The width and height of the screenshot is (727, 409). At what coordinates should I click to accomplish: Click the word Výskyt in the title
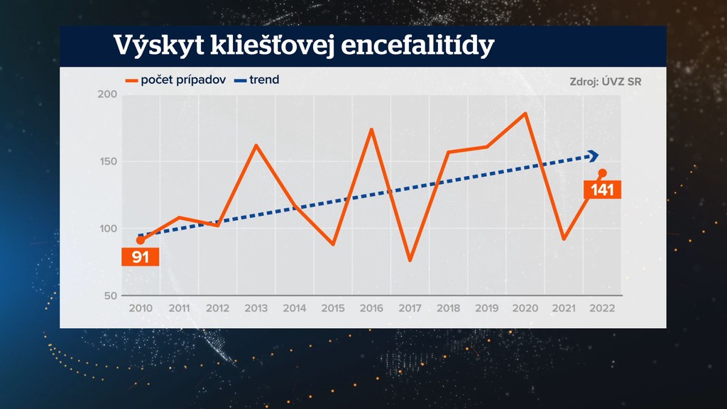[x=151, y=46]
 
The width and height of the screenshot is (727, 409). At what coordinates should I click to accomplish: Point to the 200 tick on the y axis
[x=106, y=95]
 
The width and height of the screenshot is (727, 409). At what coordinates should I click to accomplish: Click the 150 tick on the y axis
[x=106, y=162]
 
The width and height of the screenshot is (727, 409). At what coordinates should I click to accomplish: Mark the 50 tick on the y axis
[x=109, y=295]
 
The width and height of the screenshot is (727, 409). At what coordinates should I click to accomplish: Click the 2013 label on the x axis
[x=256, y=308]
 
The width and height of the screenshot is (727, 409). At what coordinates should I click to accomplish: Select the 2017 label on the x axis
[x=410, y=308]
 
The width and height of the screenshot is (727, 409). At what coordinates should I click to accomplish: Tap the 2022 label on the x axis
[x=602, y=308]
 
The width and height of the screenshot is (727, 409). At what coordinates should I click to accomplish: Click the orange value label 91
[x=141, y=256]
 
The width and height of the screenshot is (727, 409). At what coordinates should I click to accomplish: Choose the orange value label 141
[x=602, y=190]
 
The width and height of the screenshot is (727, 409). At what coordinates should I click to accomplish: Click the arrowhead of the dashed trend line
[x=594, y=156]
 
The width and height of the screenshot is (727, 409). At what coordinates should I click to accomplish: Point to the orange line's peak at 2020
[x=525, y=114]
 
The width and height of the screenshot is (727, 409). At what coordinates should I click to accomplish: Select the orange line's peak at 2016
[x=371, y=129]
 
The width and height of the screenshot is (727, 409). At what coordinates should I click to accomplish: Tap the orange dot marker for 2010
[x=141, y=241]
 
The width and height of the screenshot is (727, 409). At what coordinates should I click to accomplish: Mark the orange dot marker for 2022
[x=602, y=173]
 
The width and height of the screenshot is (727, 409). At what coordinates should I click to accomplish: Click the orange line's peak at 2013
[x=256, y=146]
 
